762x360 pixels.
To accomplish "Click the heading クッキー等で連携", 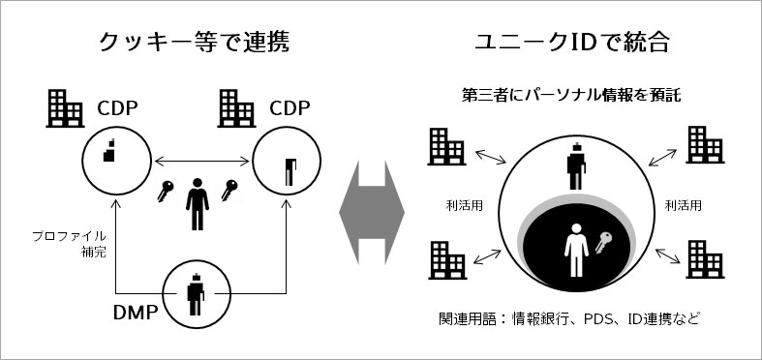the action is pyautogui.click(x=194, y=43).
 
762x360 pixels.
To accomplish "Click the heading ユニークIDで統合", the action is pyautogui.click(x=572, y=43).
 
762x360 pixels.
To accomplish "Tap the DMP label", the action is pyautogui.click(x=137, y=313).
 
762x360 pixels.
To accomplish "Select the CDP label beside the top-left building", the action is pyautogui.click(x=117, y=108).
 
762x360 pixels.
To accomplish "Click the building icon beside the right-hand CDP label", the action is pyautogui.click(x=236, y=108).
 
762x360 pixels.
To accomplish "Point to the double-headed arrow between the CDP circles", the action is pyautogui.click(x=201, y=160).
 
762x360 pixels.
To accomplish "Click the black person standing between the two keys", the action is pyautogui.click(x=198, y=204).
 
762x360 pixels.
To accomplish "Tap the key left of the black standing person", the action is pyautogui.click(x=166, y=191).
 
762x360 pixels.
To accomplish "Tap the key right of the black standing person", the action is pyautogui.click(x=229, y=191).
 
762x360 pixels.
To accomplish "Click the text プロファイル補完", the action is pyautogui.click(x=69, y=245).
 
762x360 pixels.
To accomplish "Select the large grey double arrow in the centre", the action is pyautogui.click(x=372, y=213).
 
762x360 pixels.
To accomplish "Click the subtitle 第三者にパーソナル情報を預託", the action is pyautogui.click(x=571, y=95).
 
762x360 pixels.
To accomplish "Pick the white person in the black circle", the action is pyautogui.click(x=576, y=251).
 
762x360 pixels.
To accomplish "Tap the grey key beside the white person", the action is pyautogui.click(x=603, y=242).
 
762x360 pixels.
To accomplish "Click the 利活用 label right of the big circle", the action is pyautogui.click(x=684, y=205).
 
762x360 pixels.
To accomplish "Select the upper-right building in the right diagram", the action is pyautogui.click(x=706, y=145).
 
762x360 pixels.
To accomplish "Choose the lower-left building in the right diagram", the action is pyautogui.click(x=447, y=260).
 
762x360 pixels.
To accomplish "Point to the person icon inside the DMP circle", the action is pyautogui.click(x=196, y=294).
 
